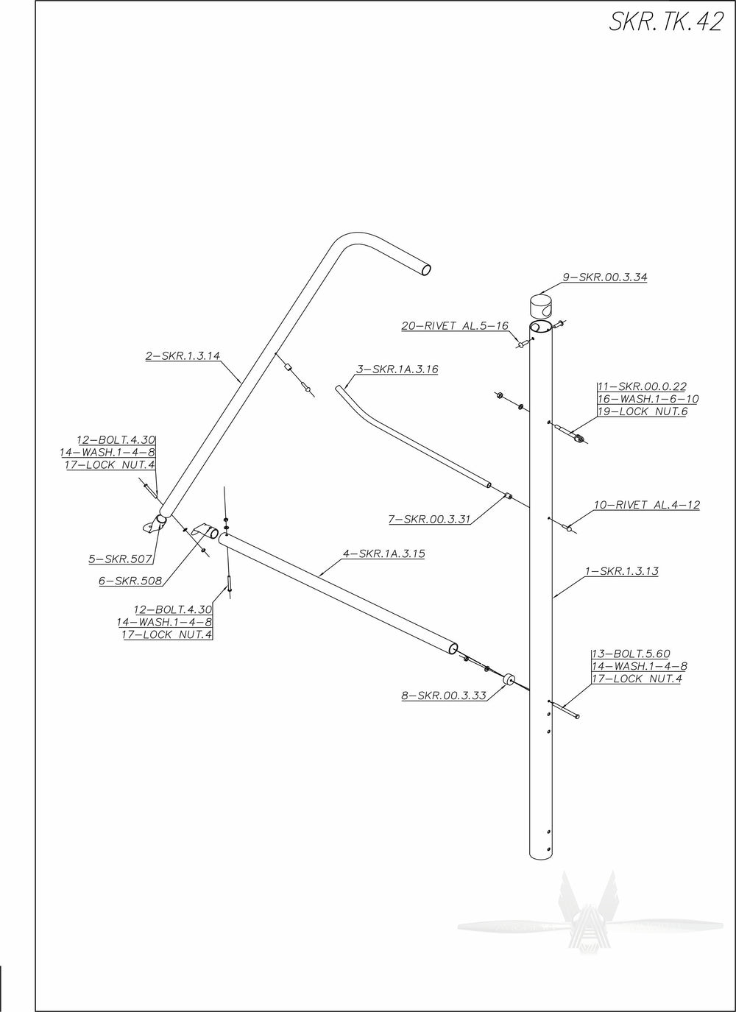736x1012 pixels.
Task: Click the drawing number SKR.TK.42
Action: coord(665,22)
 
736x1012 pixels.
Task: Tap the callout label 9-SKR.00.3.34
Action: coord(604,277)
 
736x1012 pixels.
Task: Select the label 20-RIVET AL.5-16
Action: coord(454,326)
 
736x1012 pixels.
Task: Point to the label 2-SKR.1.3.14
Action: coord(183,356)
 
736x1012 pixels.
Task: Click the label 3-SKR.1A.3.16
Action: coord(397,369)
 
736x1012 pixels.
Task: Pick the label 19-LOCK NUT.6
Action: coord(642,411)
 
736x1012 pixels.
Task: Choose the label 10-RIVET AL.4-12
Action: coord(647,505)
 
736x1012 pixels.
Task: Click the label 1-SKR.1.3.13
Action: coord(621,571)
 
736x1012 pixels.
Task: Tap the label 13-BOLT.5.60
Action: coord(631,654)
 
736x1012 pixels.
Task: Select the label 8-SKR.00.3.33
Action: coord(444,696)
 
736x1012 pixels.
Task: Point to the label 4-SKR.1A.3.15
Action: coord(383,553)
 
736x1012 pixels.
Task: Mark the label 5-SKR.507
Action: coord(120,559)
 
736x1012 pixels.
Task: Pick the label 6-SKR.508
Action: coord(130,581)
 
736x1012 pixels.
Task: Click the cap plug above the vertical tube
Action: coord(541,304)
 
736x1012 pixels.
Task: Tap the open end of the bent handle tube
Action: coord(425,270)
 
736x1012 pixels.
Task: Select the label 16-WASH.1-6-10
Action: coord(648,399)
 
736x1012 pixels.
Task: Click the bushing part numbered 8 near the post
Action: coord(508,681)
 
